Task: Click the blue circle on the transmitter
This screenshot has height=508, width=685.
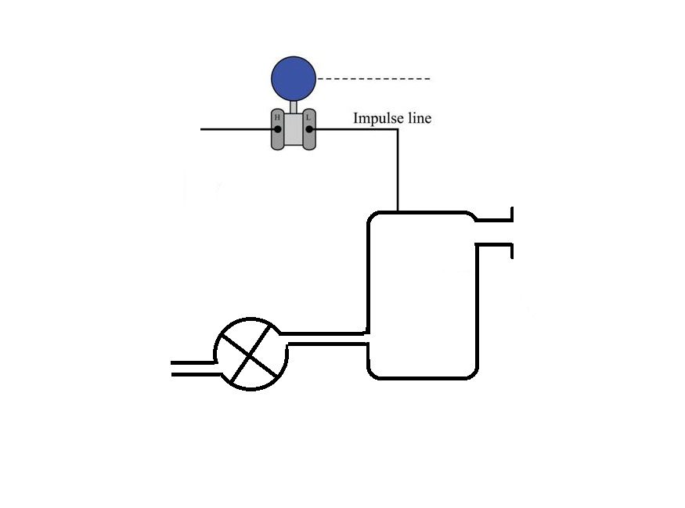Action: (x=294, y=77)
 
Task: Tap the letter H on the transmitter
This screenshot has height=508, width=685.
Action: (x=277, y=117)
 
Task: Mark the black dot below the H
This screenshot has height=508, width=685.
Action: (x=277, y=128)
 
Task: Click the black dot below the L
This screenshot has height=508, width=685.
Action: (x=310, y=128)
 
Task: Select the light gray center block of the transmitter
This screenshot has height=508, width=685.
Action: (x=294, y=129)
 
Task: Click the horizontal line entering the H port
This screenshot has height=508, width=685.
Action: (x=235, y=128)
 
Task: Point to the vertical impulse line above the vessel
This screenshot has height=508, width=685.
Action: (x=398, y=172)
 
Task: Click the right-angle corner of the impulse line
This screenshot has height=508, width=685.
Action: (x=398, y=128)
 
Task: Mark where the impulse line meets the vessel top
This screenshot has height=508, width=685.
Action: (x=398, y=211)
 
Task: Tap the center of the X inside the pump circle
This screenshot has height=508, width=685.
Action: (x=251, y=354)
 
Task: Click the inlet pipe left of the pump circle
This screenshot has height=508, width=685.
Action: (x=192, y=369)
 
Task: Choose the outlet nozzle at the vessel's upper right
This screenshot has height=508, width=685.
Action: (x=495, y=232)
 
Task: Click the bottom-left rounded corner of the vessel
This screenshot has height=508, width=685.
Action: (x=373, y=373)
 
